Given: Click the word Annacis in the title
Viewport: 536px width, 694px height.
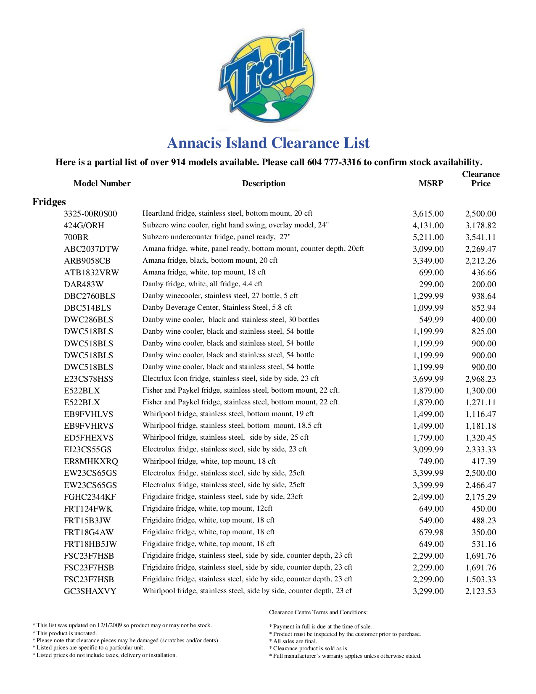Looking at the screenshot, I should [x=194, y=143].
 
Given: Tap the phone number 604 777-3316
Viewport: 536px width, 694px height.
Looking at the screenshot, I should [x=334, y=162].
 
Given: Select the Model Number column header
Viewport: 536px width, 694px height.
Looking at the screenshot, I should [x=102, y=184].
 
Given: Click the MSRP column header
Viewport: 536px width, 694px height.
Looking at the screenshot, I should [x=430, y=184].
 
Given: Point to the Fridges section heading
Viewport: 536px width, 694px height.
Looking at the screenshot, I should [x=49, y=202].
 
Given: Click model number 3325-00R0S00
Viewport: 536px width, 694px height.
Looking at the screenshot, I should [x=90, y=214].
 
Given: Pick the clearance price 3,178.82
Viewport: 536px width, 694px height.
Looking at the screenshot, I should [x=481, y=226].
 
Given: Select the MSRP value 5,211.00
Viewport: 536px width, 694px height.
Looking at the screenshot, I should [x=428, y=237].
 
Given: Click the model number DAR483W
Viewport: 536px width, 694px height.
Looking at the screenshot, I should [x=84, y=285].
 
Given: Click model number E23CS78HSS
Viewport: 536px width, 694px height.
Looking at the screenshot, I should [x=88, y=379].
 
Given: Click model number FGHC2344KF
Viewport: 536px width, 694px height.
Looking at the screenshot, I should [x=90, y=497].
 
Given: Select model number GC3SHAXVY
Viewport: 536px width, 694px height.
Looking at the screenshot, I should [x=90, y=591].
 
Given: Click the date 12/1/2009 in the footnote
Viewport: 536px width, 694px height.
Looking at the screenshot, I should [x=109, y=625].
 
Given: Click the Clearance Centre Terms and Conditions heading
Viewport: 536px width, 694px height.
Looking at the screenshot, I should [x=318, y=612].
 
